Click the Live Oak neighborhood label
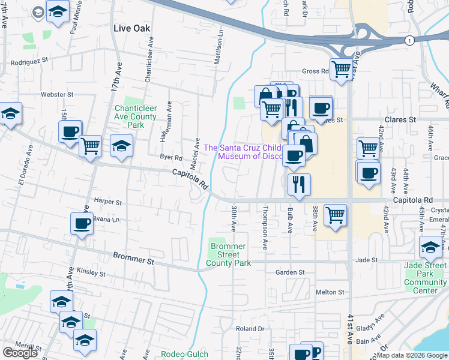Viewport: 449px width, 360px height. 131,28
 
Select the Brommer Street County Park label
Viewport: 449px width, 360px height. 227,254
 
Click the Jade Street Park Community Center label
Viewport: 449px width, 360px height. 425,282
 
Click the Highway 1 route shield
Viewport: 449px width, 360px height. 409,40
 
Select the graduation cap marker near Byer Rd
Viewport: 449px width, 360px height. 121,146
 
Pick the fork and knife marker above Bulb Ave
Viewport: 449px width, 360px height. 298,185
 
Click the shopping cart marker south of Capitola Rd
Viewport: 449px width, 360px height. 335,215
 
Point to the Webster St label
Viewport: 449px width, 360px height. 56,94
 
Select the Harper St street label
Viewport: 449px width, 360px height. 108,202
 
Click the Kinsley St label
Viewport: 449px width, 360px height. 91,273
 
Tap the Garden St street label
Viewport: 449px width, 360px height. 290,272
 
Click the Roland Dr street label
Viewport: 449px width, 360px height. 250,328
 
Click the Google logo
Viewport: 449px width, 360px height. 20,353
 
